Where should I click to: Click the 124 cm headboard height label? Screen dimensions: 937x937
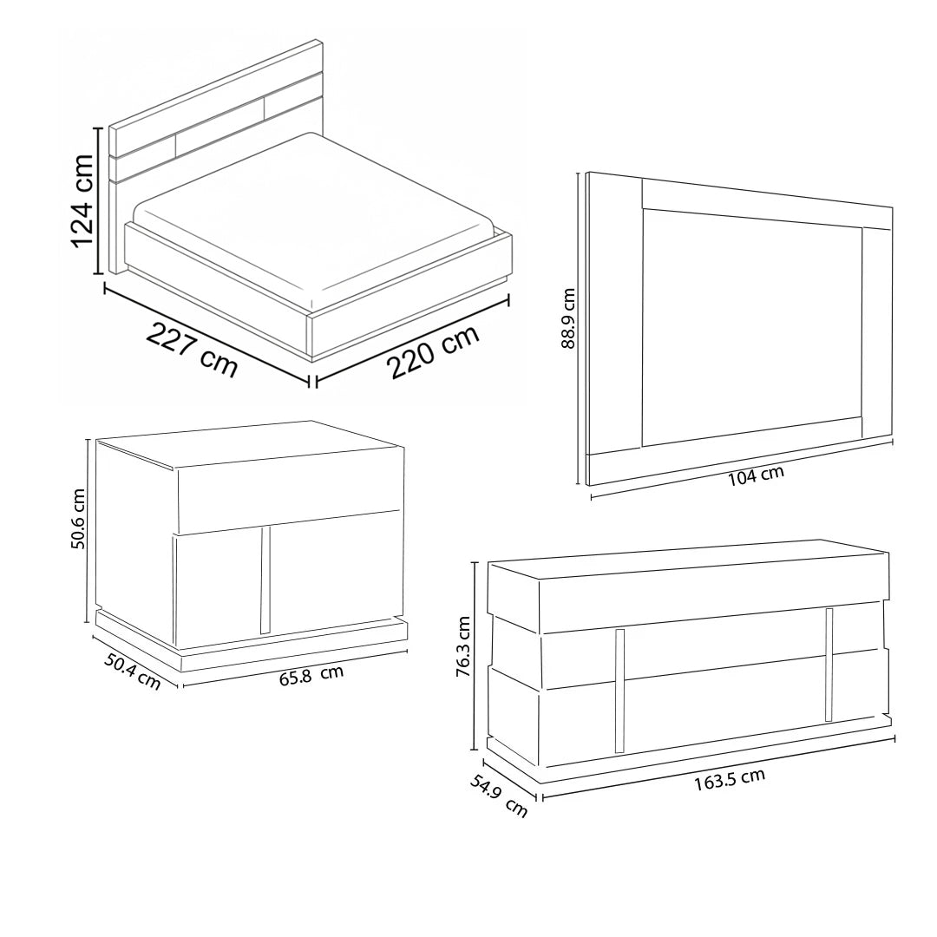pos(82,200)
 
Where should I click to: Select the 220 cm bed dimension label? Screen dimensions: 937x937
pos(435,351)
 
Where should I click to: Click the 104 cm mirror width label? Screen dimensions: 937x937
pos(756,475)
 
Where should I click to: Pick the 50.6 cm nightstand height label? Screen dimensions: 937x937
pos(78,518)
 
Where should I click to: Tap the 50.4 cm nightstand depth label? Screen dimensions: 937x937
pos(133,672)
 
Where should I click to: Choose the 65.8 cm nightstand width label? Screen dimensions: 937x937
pos(311,677)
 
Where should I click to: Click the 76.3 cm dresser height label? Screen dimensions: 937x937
pos(463,646)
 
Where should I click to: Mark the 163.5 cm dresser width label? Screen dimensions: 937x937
pos(729,779)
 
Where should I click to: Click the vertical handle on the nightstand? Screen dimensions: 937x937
pos(266,580)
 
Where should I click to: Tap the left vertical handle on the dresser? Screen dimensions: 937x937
pos(619,691)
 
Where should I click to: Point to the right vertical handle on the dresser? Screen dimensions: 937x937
pos(829,665)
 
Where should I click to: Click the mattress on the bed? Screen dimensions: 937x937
pos(314,218)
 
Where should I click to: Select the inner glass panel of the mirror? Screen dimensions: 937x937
pos(752,327)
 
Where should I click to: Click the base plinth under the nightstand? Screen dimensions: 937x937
pos(251,642)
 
